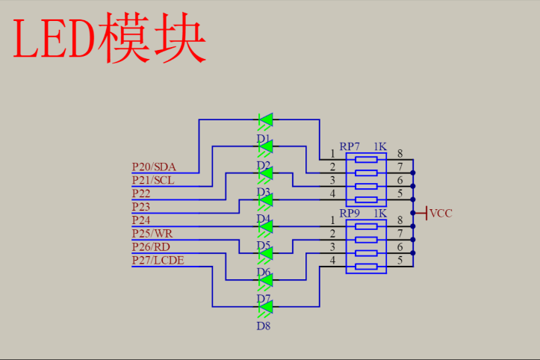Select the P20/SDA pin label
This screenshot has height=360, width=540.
(x=153, y=167)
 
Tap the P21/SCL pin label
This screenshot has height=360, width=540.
(x=152, y=180)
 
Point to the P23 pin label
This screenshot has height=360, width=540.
(x=141, y=206)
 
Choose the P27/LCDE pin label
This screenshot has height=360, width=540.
(x=158, y=260)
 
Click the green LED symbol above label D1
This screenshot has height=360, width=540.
(x=265, y=120)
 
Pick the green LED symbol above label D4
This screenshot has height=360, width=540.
(x=265, y=200)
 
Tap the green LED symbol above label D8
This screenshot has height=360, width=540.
(x=265, y=306)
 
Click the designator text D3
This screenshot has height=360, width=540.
(x=263, y=192)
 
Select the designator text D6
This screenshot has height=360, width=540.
(x=263, y=272)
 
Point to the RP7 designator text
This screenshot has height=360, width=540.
(x=350, y=147)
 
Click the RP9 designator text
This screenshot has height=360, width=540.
(x=350, y=214)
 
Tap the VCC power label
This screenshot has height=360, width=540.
(x=441, y=214)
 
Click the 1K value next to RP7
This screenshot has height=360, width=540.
(x=379, y=147)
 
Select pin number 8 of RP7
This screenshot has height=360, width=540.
(x=400, y=153)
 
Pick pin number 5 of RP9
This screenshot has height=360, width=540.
(x=400, y=260)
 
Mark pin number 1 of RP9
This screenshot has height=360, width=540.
(x=332, y=220)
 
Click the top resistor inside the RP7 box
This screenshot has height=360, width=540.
(x=366, y=160)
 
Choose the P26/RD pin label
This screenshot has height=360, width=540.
(x=151, y=246)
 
